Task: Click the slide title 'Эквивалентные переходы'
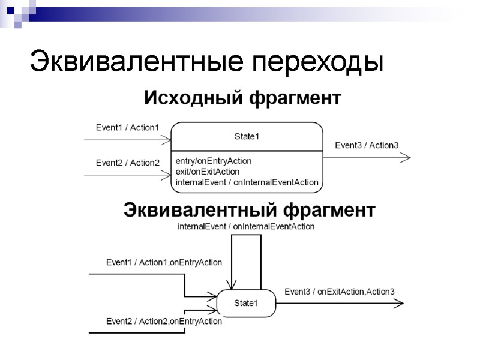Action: click(x=207, y=62)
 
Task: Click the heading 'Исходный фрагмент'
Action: click(x=242, y=97)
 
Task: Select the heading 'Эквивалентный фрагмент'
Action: click(x=249, y=210)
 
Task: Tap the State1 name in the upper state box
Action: click(x=247, y=137)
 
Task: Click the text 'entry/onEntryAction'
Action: click(x=214, y=161)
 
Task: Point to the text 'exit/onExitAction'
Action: click(x=208, y=172)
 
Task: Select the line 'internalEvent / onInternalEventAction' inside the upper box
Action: click(x=247, y=182)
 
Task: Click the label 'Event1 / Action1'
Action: click(x=127, y=127)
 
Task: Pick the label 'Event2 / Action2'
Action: click(x=127, y=163)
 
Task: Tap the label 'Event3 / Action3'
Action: click(x=367, y=145)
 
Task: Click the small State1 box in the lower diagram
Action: click(x=246, y=303)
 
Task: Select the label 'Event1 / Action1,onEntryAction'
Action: click(x=164, y=262)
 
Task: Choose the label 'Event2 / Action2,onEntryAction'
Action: click(x=164, y=321)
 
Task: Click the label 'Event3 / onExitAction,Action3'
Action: click(x=339, y=292)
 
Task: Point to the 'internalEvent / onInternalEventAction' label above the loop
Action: click(x=246, y=227)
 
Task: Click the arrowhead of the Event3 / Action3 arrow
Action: click(x=407, y=158)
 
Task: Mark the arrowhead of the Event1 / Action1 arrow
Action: click(x=167, y=140)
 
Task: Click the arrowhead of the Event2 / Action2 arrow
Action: click(x=167, y=175)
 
